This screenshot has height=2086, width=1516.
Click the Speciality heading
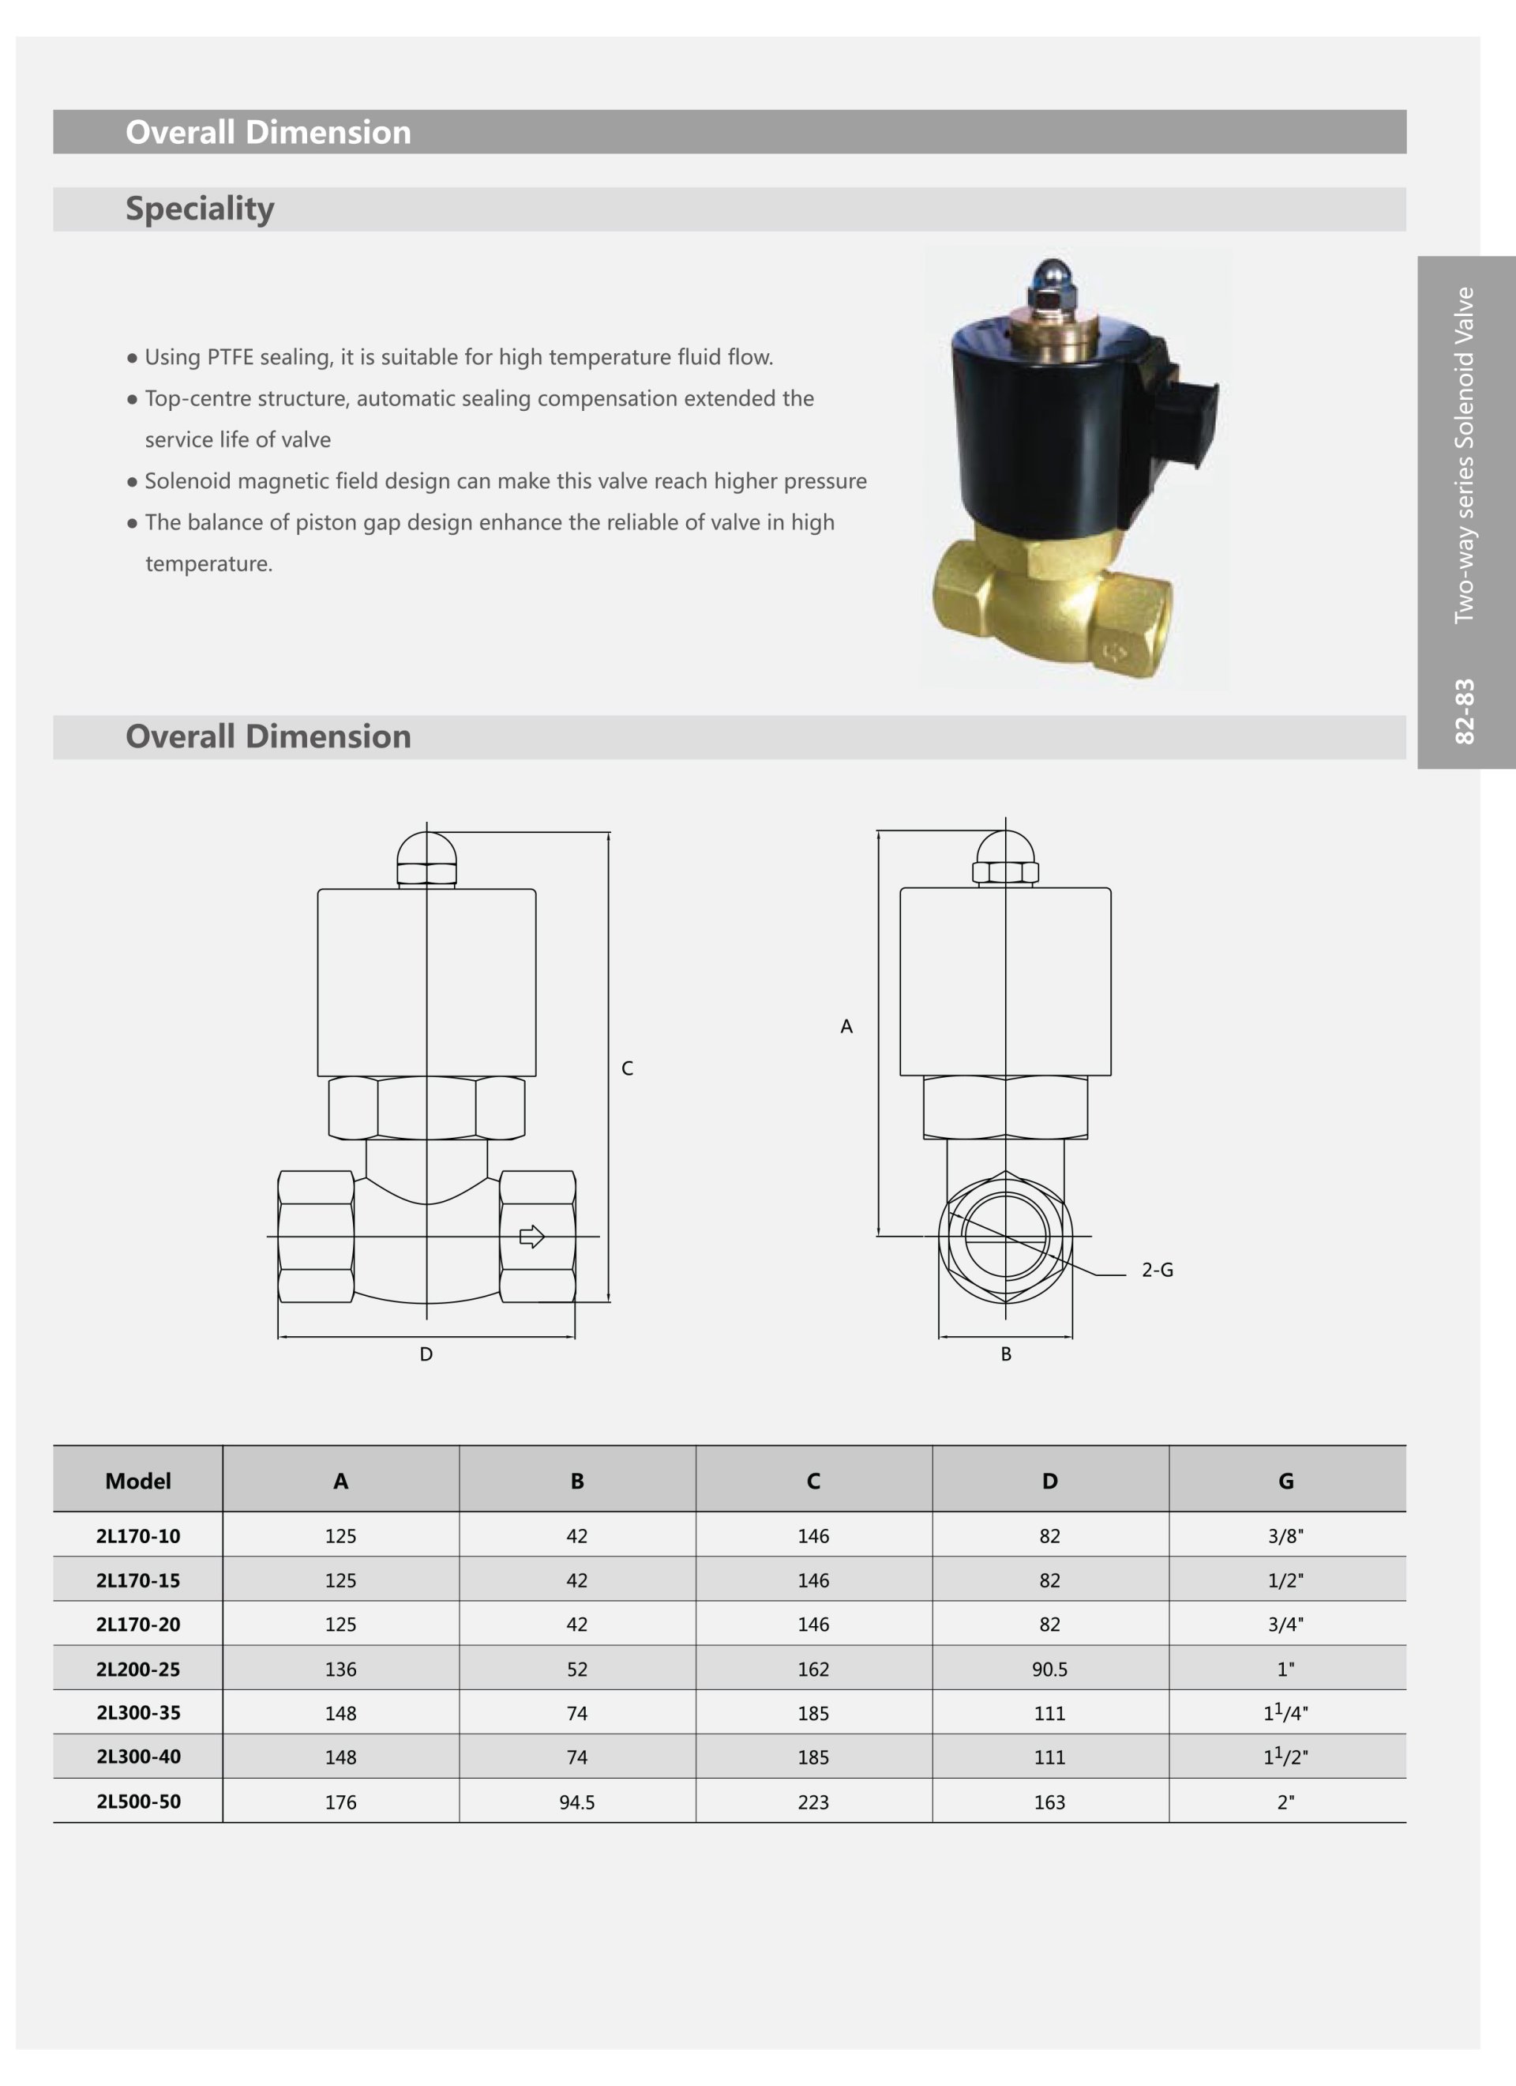200,209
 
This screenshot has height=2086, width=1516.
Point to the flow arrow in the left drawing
531,1237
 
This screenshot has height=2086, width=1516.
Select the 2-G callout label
1157,1271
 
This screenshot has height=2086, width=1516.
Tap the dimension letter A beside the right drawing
846,1026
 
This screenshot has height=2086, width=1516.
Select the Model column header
138,1481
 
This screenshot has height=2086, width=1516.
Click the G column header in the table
1285,1481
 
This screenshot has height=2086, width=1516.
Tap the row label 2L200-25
138,1670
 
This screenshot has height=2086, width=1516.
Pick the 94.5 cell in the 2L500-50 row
576,1802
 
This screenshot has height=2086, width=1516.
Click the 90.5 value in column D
1049,1670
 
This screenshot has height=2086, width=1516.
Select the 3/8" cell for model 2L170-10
1285,1536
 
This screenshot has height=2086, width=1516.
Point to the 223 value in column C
812,1802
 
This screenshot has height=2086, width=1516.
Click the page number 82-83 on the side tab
1465,711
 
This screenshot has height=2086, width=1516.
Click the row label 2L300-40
138,1757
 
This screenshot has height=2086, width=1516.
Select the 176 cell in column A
340,1802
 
